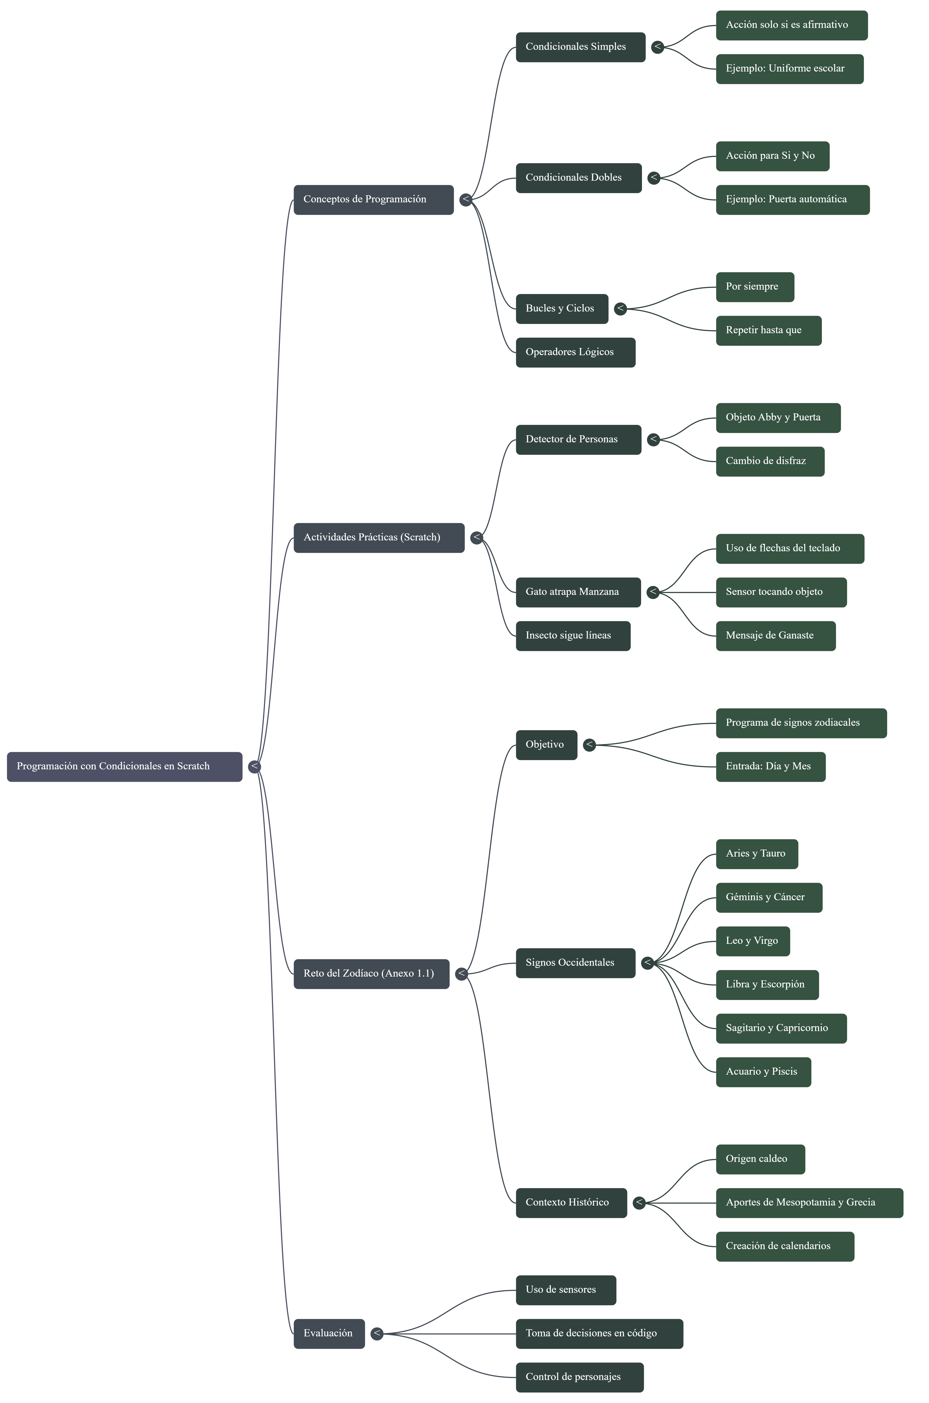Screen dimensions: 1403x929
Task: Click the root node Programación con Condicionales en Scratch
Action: click(124, 766)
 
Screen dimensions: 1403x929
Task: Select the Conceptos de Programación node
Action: click(373, 200)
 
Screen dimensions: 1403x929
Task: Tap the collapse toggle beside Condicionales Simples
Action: click(657, 47)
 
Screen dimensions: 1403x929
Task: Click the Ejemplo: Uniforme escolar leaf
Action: click(789, 69)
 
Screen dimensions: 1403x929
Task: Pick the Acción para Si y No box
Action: click(772, 156)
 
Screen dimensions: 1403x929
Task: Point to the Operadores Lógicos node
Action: click(575, 352)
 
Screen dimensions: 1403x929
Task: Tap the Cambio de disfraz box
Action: click(770, 461)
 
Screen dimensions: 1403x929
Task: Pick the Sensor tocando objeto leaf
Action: click(781, 592)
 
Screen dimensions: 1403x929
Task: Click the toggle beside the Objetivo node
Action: click(589, 745)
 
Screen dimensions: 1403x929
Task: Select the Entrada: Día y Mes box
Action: click(770, 766)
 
